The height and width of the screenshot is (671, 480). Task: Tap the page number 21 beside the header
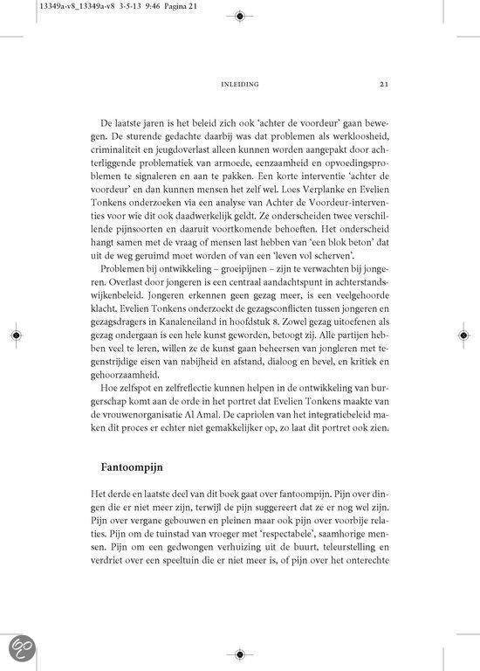tap(384, 85)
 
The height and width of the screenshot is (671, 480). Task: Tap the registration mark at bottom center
tap(239, 653)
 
